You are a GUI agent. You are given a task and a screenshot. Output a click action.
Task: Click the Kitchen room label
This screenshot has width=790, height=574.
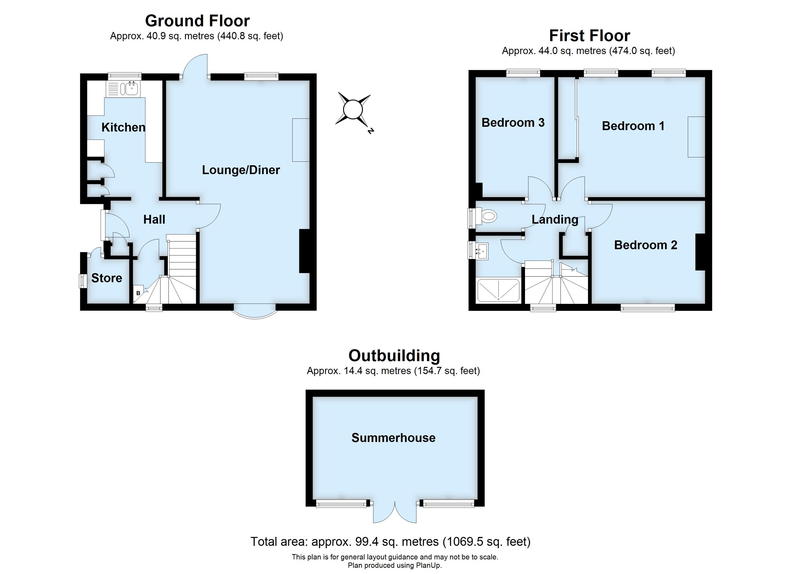[123, 127]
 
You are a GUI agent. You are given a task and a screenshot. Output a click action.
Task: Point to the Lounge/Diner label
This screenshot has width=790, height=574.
[241, 170]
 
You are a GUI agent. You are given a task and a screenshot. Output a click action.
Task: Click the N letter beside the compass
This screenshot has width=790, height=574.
[370, 131]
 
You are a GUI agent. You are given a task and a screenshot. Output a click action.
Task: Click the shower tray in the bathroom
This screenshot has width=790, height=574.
[498, 290]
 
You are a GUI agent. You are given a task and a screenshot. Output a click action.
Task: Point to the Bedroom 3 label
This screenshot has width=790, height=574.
[513, 122]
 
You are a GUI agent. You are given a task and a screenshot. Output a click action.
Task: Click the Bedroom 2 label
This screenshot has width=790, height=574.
[645, 245]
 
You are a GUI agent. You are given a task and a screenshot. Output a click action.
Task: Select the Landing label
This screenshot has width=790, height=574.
[554, 219]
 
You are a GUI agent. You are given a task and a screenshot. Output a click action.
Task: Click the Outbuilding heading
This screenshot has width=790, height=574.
[394, 356]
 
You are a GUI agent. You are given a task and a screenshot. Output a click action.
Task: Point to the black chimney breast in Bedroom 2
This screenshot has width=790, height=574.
[700, 252]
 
